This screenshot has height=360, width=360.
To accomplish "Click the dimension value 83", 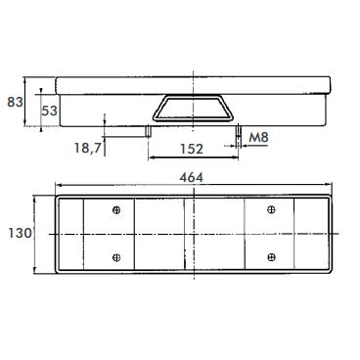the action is click(x=15, y=102).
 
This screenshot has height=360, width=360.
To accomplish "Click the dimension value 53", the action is click(x=49, y=111).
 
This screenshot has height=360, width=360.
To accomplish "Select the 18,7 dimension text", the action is click(x=87, y=149).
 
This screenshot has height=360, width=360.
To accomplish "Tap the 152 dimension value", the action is click(x=192, y=149).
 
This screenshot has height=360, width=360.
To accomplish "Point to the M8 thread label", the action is click(x=258, y=137).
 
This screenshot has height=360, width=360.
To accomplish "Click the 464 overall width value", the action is click(x=192, y=177).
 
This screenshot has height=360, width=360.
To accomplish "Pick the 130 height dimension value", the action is click(x=20, y=234).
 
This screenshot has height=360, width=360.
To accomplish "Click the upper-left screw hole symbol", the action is click(x=116, y=210).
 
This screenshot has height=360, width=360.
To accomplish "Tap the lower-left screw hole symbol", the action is click(x=116, y=257).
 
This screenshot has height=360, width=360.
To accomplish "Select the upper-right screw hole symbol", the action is click(x=271, y=209).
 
